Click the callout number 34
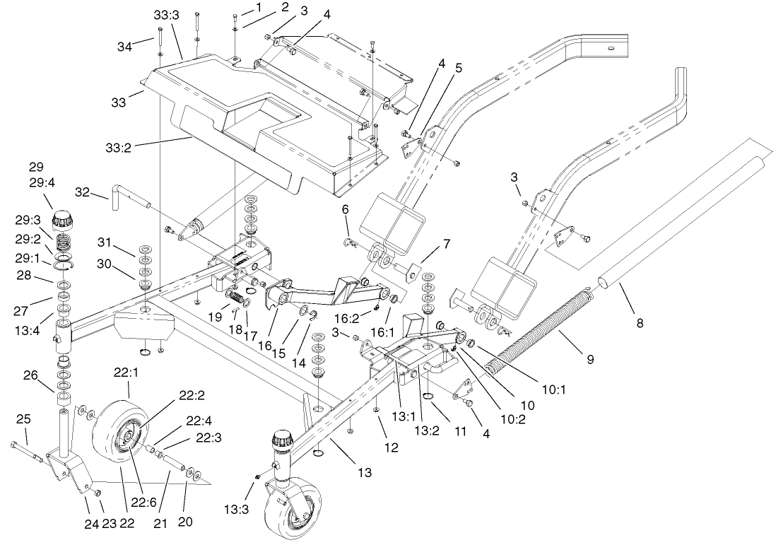coord(125,47)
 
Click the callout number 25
coord(23,419)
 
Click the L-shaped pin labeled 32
coord(127,199)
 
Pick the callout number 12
coord(391,447)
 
